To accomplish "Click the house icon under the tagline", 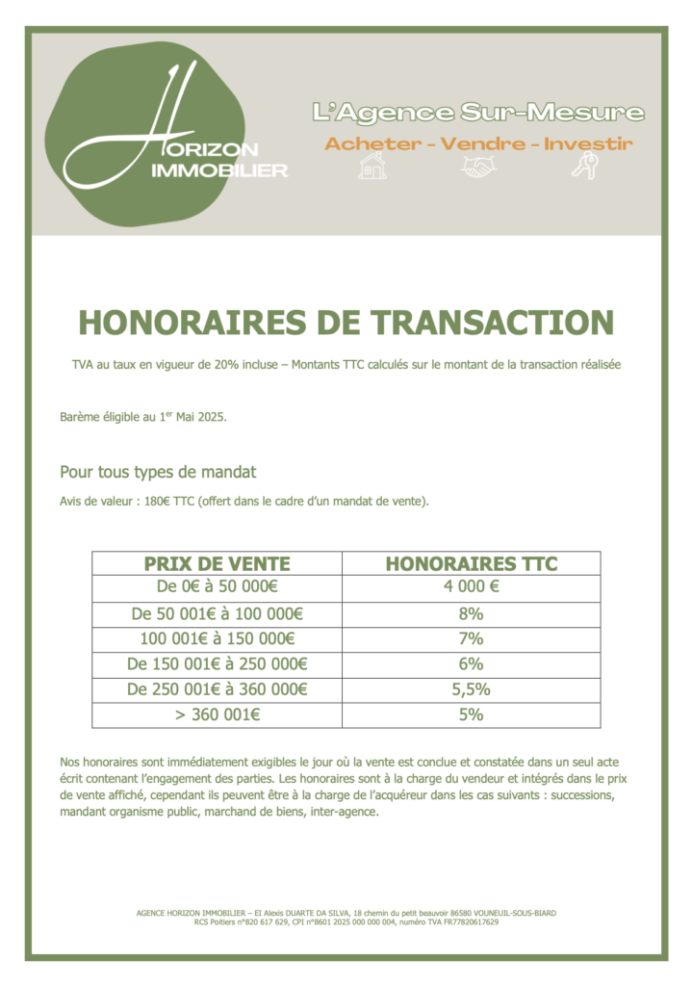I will click(372, 168).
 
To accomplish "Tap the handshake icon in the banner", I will click(477, 168).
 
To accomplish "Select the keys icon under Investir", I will click(584, 168).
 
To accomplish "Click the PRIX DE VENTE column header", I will click(217, 563).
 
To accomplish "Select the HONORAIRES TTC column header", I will click(472, 563).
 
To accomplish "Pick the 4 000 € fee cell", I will click(472, 587).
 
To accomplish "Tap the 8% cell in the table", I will click(472, 613).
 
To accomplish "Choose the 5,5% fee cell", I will click(472, 689).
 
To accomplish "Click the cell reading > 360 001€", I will click(217, 715).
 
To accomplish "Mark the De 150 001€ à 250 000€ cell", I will click(217, 664).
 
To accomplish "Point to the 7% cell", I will click(472, 638).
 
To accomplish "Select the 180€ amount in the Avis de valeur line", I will click(157, 503).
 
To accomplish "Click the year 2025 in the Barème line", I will click(211, 416).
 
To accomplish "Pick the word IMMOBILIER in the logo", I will click(220, 170).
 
